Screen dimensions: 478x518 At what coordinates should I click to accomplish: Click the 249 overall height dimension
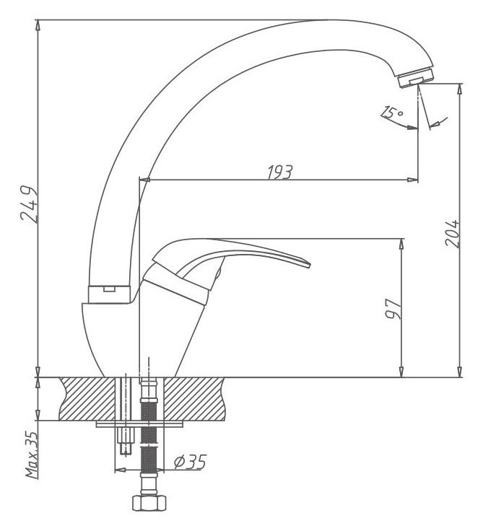pos(30,205)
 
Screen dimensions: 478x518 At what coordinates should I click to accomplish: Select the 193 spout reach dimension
pos(280,172)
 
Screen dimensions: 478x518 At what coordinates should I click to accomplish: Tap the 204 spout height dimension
pos(452,234)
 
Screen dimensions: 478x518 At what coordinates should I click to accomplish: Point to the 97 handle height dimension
pos(394,309)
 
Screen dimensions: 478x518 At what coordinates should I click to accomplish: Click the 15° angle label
pos(392,113)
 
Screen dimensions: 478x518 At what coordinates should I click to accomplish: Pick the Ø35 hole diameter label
pos(190,462)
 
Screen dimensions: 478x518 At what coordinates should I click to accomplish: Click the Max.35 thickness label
pos(32,455)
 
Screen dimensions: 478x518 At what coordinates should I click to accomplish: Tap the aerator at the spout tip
pos(417,77)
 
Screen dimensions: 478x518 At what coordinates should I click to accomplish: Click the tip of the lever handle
pos(310,265)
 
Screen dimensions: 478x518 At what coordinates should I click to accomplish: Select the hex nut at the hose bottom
pos(149,503)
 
